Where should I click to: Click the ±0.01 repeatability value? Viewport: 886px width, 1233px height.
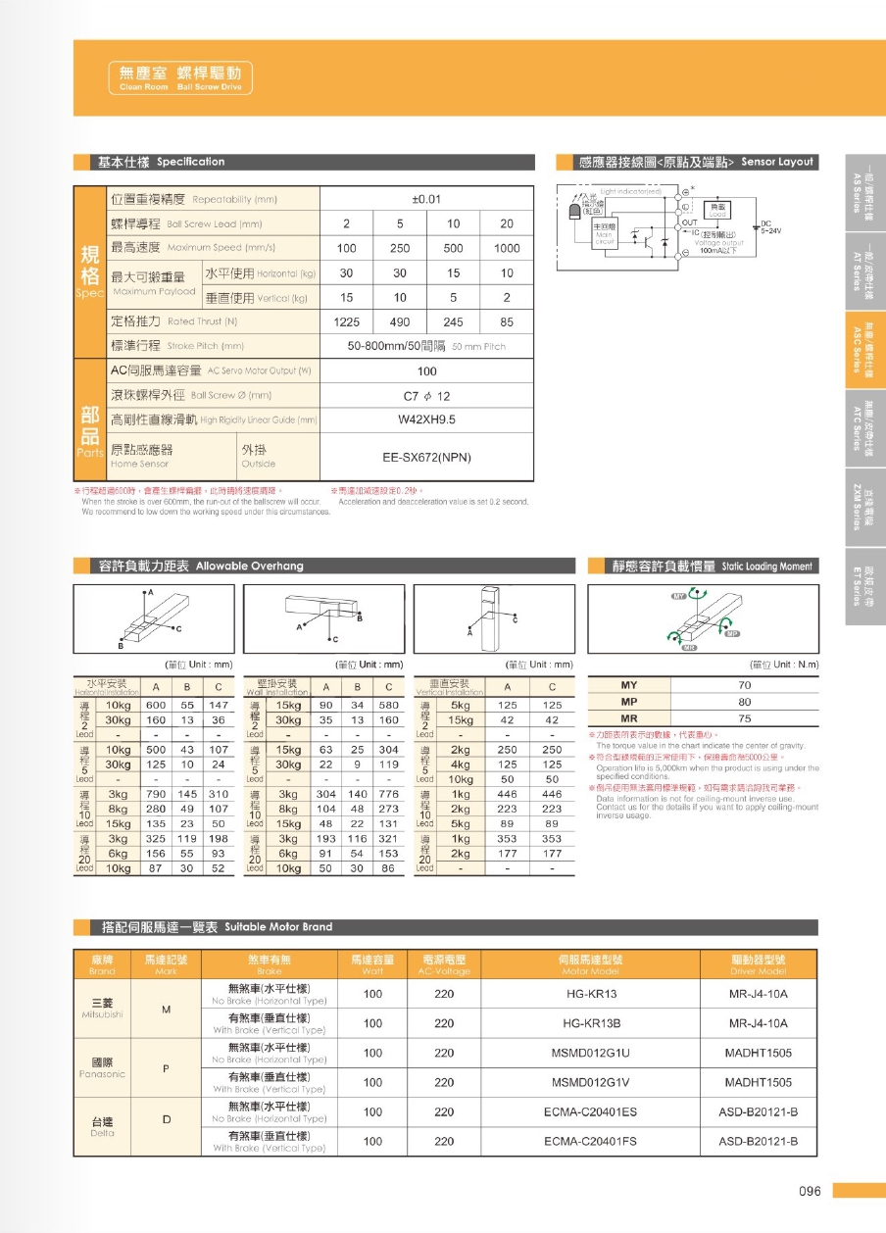pyautogui.click(x=426, y=199)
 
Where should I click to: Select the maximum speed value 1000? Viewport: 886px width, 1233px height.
pyautogui.click(x=507, y=249)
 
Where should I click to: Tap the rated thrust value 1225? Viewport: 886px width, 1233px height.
pyautogui.click(x=347, y=321)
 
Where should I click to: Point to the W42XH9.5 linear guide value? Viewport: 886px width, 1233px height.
pyautogui.click(x=426, y=419)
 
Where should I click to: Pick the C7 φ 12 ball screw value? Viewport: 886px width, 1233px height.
pyautogui.click(x=426, y=396)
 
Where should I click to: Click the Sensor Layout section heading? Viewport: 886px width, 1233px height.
pyautogui.click(x=696, y=162)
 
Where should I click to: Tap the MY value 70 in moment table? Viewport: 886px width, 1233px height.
pyautogui.click(x=744, y=686)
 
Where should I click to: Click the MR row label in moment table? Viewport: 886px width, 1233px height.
pyautogui.click(x=630, y=717)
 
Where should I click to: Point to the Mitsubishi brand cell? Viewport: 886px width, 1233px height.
pyautogui.click(x=102, y=1008)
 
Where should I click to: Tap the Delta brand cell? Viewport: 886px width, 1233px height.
pyautogui.click(x=102, y=1126)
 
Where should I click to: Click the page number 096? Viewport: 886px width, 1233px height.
pyautogui.click(x=809, y=1191)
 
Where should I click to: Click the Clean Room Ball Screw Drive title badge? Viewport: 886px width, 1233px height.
pyautogui.click(x=179, y=77)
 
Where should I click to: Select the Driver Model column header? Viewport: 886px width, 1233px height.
pyautogui.click(x=758, y=964)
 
